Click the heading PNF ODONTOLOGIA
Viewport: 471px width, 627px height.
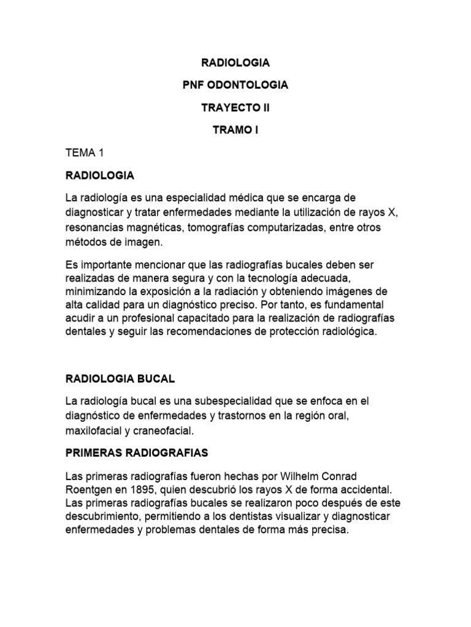235,85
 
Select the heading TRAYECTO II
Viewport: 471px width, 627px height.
235,108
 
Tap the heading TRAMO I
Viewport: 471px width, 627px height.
235,130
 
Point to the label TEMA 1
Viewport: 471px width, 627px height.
86,152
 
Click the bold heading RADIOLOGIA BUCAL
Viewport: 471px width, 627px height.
120,379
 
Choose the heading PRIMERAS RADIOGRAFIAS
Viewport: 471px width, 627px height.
137,453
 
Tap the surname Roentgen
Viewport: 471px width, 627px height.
88,490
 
